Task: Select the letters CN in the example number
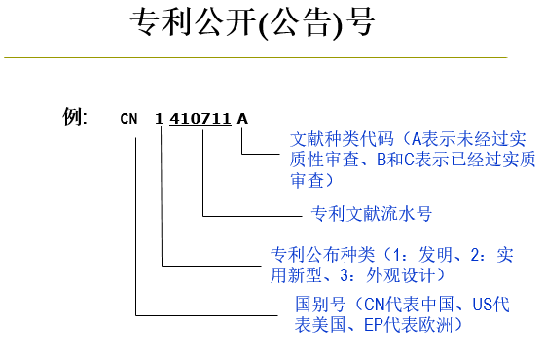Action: point(129,119)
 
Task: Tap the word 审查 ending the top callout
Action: point(305,180)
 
